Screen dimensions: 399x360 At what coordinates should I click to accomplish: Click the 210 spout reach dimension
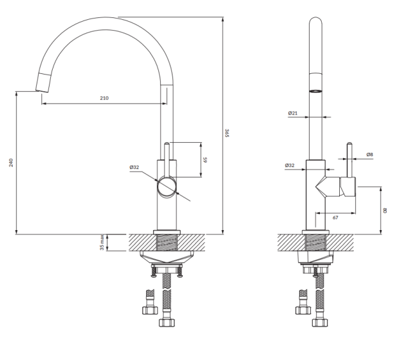[104, 98]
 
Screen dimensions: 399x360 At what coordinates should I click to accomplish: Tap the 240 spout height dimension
[11, 163]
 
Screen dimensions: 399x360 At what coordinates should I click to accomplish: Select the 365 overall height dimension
[227, 133]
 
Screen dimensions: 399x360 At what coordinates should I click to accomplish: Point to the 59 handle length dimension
[205, 160]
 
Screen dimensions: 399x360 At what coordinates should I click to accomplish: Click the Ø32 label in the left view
[134, 167]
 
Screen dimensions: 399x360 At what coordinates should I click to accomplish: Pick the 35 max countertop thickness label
[102, 242]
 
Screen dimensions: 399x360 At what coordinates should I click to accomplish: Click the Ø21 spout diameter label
[293, 113]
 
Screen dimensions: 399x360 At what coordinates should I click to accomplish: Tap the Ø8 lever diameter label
[370, 154]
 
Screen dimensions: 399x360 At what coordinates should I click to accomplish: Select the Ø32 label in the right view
[290, 165]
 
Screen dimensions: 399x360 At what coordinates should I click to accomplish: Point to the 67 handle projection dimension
[335, 218]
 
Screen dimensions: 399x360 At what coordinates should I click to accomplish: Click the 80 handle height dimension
[385, 210]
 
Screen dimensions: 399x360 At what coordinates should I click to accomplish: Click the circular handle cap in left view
[167, 187]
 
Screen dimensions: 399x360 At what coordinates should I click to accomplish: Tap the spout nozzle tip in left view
[42, 82]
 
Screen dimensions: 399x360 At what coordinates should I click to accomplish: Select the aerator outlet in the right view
[315, 91]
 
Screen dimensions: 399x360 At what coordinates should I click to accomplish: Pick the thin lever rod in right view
[349, 159]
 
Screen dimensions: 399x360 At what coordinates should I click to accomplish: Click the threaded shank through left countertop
[167, 242]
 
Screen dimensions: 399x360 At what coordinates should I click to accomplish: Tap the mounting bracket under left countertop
[167, 256]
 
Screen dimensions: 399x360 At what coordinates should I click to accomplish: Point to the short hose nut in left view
[150, 310]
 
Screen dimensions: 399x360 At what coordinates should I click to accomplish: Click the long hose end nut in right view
[320, 323]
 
